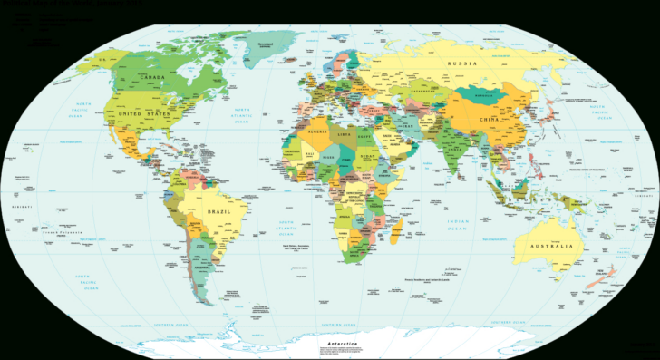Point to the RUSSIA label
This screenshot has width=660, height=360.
pyautogui.click(x=462, y=63)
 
